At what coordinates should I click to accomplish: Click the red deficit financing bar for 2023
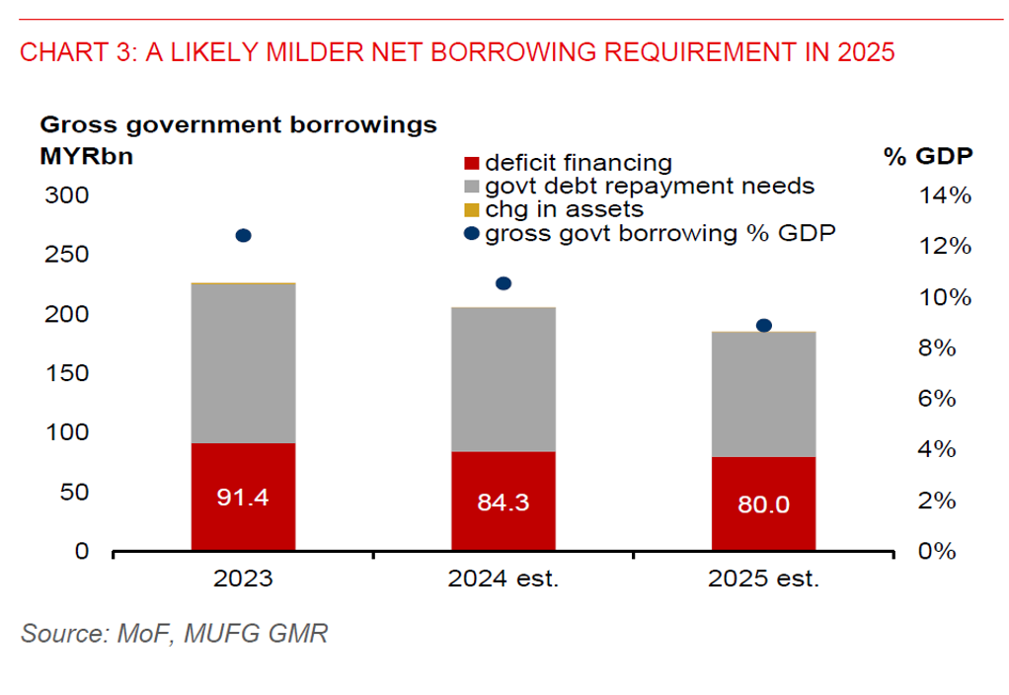[243, 497]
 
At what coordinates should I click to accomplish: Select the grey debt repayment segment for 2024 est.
[504, 379]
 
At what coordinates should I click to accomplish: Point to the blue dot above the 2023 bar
[243, 235]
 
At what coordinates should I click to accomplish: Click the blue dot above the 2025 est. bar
[763, 326]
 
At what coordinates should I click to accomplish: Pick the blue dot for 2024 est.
[504, 283]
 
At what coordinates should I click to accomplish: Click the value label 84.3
[504, 502]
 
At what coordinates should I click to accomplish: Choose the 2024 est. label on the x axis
[504, 579]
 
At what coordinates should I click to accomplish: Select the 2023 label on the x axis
[243, 579]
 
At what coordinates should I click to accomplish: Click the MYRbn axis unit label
[86, 156]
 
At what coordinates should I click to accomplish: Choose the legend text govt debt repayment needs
[650, 186]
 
